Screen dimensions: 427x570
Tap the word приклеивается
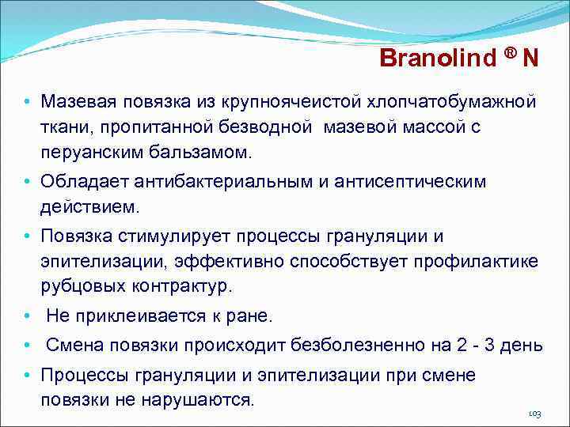[137, 316]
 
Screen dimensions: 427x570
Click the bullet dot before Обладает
[27, 182]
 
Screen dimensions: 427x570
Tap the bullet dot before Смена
[27, 346]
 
